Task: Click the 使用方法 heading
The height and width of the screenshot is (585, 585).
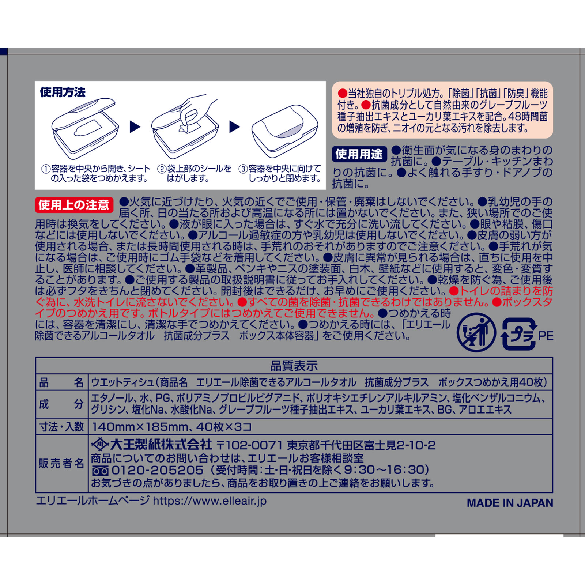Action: click(63, 92)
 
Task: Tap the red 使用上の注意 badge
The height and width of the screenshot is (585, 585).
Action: click(74, 205)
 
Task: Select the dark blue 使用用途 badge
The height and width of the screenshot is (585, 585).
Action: click(359, 154)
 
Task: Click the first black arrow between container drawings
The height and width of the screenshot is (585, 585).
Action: click(135, 127)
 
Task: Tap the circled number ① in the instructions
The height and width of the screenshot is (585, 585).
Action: click(46, 169)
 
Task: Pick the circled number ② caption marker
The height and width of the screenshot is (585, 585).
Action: click(162, 169)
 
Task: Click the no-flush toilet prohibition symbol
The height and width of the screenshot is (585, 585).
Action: click(476, 332)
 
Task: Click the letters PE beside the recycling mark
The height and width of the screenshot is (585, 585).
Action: click(546, 336)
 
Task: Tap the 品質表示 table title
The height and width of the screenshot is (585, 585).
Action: click(294, 366)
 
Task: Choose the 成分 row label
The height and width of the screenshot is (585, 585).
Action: click(61, 404)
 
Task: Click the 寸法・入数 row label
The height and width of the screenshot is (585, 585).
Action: click(61, 427)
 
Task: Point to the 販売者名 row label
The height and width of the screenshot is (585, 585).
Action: click(61, 464)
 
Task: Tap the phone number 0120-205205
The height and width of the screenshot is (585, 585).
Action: click(157, 470)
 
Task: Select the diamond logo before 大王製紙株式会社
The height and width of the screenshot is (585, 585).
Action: click(99, 445)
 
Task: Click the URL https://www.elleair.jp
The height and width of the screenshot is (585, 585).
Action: click(210, 501)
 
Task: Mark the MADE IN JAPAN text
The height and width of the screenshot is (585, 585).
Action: click(510, 503)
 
